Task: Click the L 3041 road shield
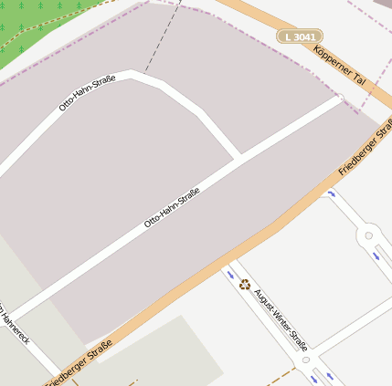(300, 37)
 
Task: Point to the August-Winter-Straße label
(281, 320)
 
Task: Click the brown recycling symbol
(245, 284)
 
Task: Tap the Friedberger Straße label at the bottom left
(79, 362)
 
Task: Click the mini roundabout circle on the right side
(368, 235)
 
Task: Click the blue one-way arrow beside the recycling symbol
(228, 273)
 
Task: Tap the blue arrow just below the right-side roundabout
(376, 256)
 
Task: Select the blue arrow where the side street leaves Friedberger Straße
(331, 193)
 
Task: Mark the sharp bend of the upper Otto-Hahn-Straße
(137, 74)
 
